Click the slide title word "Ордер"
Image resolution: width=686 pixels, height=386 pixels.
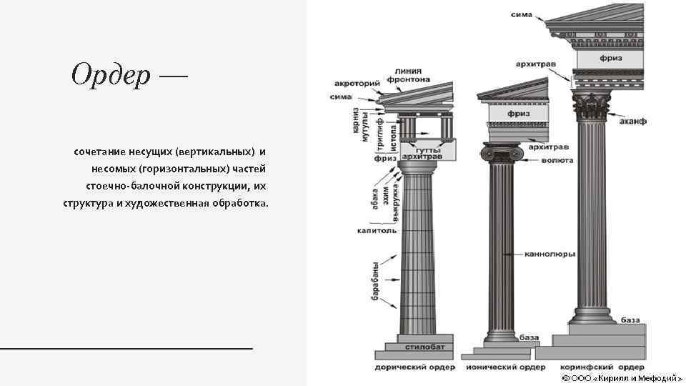(x=110, y=74)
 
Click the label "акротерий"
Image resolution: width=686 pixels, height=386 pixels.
(x=356, y=83)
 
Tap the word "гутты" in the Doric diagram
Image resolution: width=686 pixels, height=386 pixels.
(x=427, y=151)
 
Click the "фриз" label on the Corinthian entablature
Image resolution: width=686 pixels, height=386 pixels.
(x=610, y=57)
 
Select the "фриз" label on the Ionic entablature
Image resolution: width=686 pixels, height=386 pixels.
(x=518, y=114)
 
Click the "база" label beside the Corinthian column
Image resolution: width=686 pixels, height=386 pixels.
(x=630, y=320)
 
